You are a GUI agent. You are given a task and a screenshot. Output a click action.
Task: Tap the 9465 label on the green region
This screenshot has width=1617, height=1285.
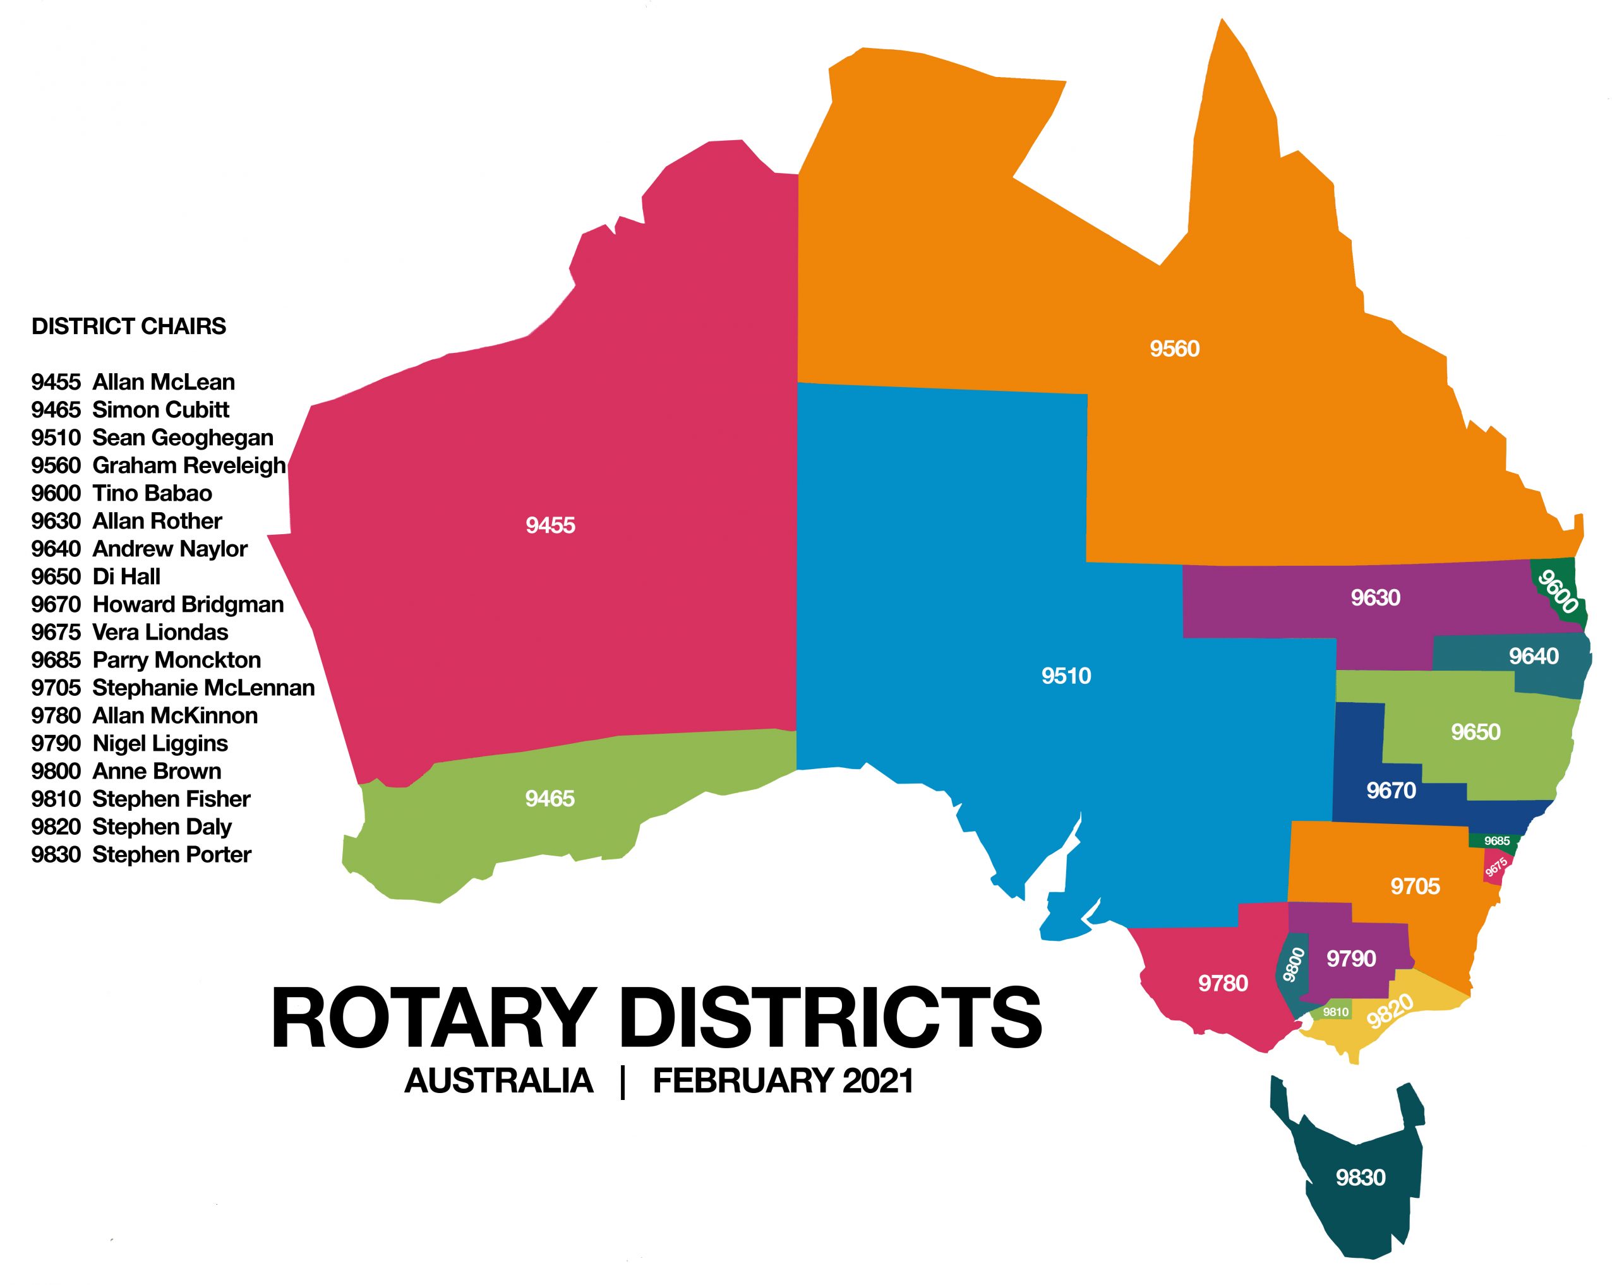pyautogui.click(x=549, y=798)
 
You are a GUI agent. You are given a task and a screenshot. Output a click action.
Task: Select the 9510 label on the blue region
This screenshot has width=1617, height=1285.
pyautogui.click(x=1066, y=676)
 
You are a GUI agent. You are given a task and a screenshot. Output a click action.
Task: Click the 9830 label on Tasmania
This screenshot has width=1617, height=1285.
pyautogui.click(x=1361, y=1177)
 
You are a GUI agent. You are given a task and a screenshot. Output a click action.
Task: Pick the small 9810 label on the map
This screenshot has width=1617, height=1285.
pyautogui.click(x=1336, y=1012)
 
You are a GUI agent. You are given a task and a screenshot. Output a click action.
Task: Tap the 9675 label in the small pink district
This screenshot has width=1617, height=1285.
pyautogui.click(x=1496, y=868)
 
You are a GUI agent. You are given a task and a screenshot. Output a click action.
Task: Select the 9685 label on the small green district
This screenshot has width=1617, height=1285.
pyautogui.click(x=1497, y=840)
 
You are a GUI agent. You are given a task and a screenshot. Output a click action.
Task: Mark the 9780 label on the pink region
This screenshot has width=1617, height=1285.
pyautogui.click(x=1222, y=983)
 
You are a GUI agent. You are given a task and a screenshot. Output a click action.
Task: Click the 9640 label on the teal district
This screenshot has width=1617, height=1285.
pyautogui.click(x=1534, y=656)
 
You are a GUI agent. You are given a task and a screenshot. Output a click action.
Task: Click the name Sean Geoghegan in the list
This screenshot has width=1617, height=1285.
pyautogui.click(x=183, y=438)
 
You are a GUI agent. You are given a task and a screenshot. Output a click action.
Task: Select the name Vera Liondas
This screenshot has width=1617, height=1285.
pyautogui.click(x=160, y=632)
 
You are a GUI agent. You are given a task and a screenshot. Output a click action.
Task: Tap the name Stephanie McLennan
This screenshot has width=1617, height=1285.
pyautogui.click(x=203, y=688)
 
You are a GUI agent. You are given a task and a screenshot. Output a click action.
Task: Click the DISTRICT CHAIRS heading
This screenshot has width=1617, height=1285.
pyautogui.click(x=128, y=326)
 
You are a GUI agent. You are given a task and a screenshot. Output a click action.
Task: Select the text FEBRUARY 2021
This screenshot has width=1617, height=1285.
pyautogui.click(x=783, y=1081)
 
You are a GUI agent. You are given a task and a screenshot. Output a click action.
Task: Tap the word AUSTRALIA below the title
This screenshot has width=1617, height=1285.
pyautogui.click(x=499, y=1081)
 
